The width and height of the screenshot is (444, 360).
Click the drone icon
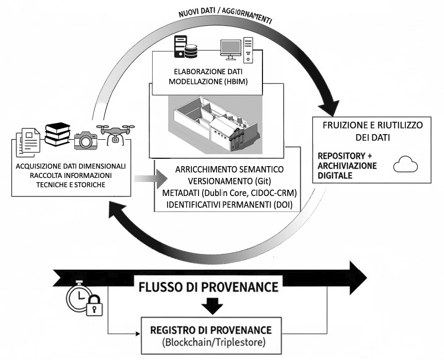[116, 135]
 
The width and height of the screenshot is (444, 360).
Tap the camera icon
[86, 140]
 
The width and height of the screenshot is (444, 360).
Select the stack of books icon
[57, 134]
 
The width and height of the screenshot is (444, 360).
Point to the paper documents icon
[28, 142]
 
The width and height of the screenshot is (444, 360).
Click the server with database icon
[186, 47]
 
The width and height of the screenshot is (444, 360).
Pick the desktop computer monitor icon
[231, 50]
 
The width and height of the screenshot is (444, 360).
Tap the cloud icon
[405, 164]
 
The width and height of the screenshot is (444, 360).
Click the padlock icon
[94, 305]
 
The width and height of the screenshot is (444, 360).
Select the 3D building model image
[216, 125]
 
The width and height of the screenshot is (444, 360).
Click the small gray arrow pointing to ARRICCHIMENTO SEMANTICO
[151, 179]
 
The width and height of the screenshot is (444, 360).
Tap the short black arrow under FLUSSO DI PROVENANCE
[212, 306]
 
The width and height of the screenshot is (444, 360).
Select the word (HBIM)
[236, 81]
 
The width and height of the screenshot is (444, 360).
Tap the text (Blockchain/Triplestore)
[214, 342]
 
